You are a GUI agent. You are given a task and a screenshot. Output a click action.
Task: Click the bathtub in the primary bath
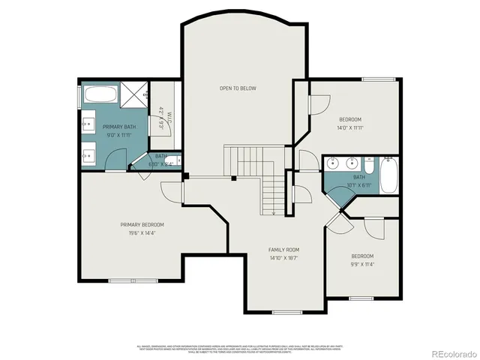[x=99, y=95]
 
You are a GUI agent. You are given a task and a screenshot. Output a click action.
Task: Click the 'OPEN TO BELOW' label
[x=238, y=88]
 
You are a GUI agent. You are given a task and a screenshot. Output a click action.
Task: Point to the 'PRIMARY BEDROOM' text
[x=142, y=225]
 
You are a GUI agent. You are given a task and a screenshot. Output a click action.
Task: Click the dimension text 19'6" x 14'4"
[x=142, y=232]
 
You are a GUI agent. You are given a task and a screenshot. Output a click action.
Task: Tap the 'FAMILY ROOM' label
[x=284, y=250]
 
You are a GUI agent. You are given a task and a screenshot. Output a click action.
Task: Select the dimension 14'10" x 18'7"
[x=284, y=257]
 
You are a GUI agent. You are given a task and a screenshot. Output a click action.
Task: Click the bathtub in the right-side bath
[x=389, y=175]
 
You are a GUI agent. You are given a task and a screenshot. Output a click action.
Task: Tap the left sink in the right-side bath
[x=334, y=162]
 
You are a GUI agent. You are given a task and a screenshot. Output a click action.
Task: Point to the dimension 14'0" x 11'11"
[x=350, y=127]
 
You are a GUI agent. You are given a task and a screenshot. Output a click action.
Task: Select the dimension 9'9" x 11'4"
[x=362, y=263]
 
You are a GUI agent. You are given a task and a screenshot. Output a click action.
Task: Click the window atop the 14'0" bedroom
[x=379, y=79]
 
